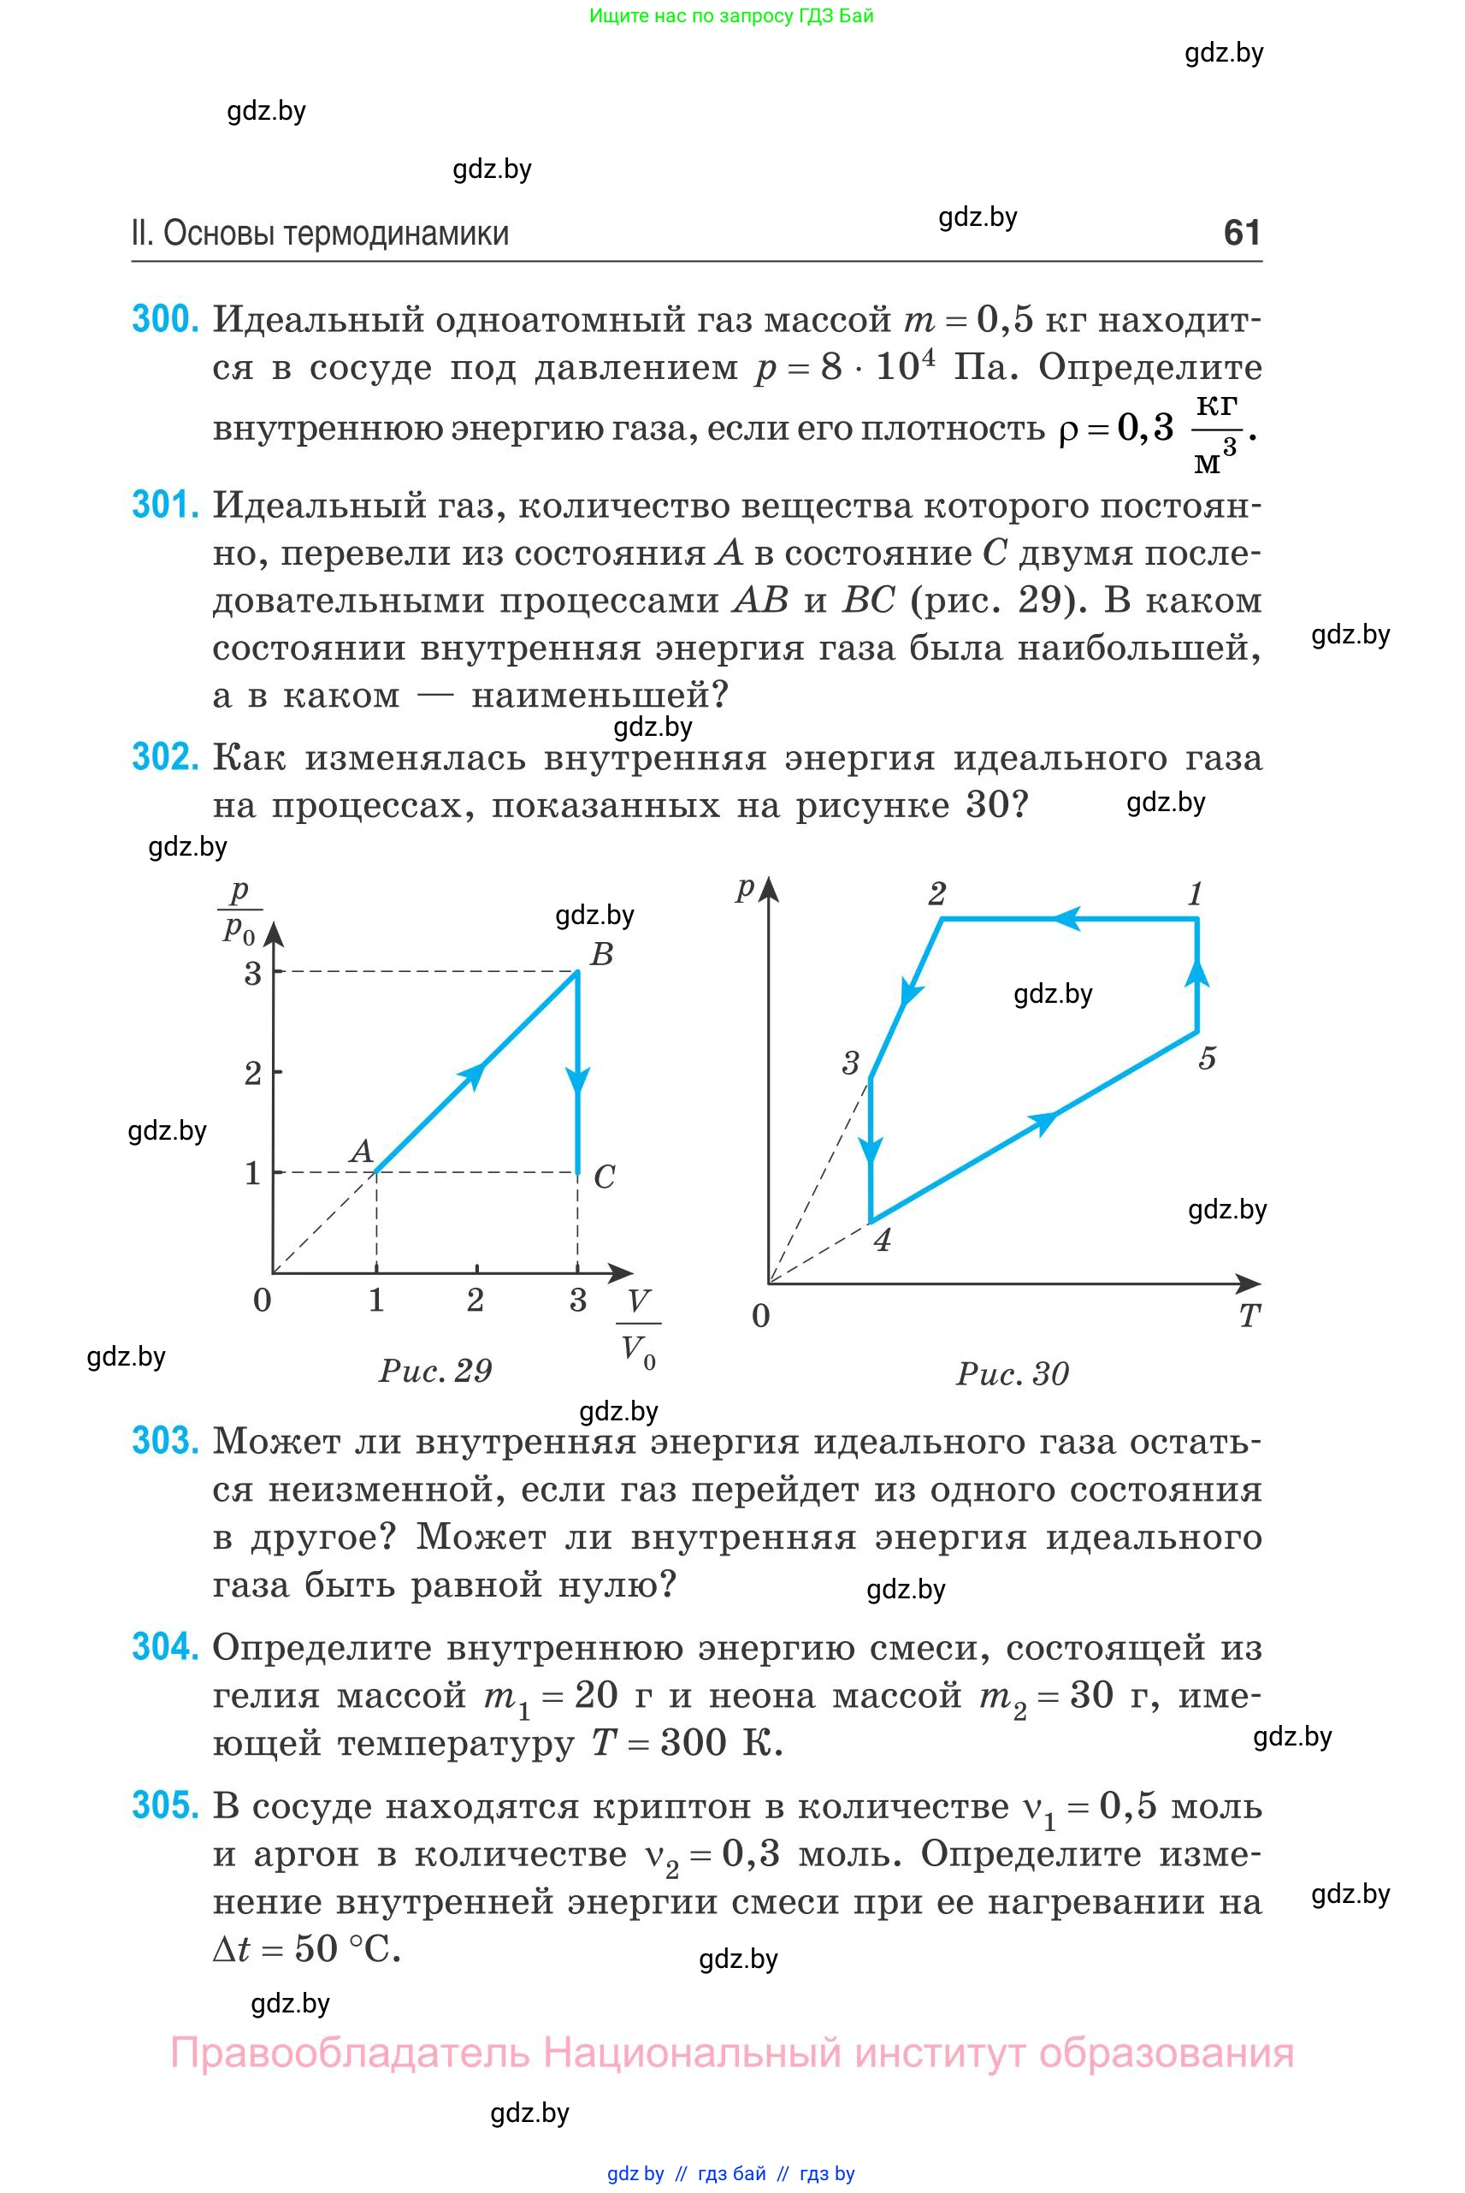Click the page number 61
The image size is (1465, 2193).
(x=1242, y=232)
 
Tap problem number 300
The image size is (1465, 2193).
(x=165, y=320)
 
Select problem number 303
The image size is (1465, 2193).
(x=165, y=1441)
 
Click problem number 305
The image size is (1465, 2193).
(x=165, y=1805)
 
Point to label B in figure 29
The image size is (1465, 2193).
(x=602, y=953)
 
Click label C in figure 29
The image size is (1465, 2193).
(x=605, y=1176)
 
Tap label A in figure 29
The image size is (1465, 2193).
(x=361, y=1151)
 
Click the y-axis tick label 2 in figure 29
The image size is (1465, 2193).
(x=252, y=1073)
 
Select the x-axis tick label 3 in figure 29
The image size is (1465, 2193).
(x=577, y=1300)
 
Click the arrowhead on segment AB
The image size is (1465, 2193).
(x=474, y=1074)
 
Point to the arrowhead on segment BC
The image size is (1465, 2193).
(x=578, y=1082)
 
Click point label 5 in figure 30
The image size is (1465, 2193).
(x=1207, y=1058)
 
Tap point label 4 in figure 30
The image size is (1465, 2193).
(x=882, y=1240)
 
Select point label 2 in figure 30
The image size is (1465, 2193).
(x=936, y=893)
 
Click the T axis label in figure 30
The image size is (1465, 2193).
(x=1249, y=1315)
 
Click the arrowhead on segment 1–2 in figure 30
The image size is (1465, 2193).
(x=1068, y=919)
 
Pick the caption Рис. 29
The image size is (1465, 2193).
(x=435, y=1371)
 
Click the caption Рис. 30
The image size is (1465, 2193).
(x=1012, y=1373)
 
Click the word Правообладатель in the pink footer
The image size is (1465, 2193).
(x=350, y=2054)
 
